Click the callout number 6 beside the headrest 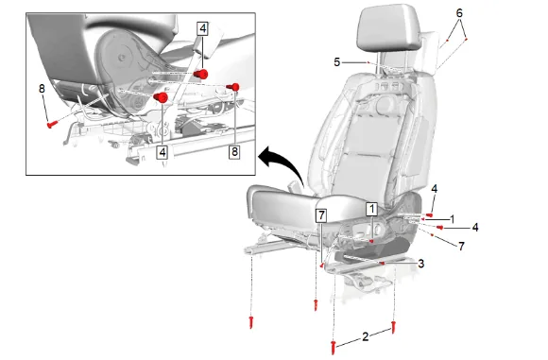tap(459, 13)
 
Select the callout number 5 tap(336, 62)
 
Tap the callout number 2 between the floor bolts tap(366, 336)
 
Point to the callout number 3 tap(421, 264)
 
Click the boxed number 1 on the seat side tap(372, 209)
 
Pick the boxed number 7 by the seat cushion tap(321, 215)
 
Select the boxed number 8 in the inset tap(234, 152)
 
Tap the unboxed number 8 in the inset tap(42, 89)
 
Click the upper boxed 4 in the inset tap(203, 28)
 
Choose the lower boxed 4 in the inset tap(163, 152)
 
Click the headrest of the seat tap(388, 29)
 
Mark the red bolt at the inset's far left tap(51, 124)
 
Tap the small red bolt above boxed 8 tap(233, 87)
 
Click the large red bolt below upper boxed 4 tap(201, 74)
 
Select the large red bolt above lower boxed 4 tap(162, 97)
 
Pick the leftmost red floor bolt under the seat tap(251, 322)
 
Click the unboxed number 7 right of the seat tap(461, 246)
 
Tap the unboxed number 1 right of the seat tap(453, 219)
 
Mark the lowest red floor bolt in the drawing tap(334, 347)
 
